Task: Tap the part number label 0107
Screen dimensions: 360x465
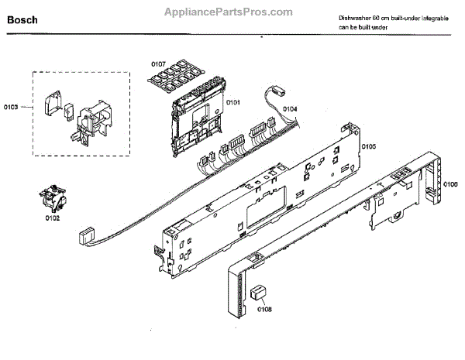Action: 158,63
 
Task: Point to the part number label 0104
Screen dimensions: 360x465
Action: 289,108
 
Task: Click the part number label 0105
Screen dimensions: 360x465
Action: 368,146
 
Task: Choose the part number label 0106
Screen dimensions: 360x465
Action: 449,183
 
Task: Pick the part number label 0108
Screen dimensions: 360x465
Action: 263,312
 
